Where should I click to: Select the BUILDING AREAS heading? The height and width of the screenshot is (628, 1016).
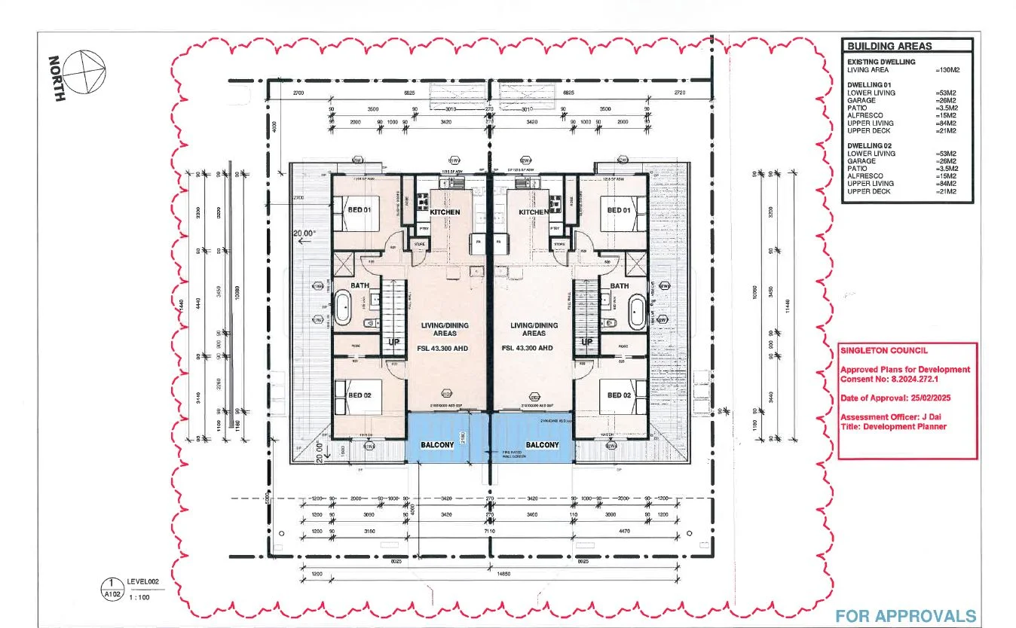click(889, 46)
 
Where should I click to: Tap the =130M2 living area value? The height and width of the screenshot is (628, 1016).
click(945, 70)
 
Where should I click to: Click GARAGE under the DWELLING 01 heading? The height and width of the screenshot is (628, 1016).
click(861, 100)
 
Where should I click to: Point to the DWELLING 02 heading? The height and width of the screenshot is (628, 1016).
click(869, 145)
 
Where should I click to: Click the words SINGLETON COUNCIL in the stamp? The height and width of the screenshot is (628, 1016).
click(874, 350)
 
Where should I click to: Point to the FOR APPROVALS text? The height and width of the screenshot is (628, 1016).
click(905, 615)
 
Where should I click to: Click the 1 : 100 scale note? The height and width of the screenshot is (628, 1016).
click(139, 596)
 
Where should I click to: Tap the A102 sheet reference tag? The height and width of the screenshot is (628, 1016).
click(112, 596)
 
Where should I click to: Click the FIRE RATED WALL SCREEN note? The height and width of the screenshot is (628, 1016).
click(514, 454)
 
